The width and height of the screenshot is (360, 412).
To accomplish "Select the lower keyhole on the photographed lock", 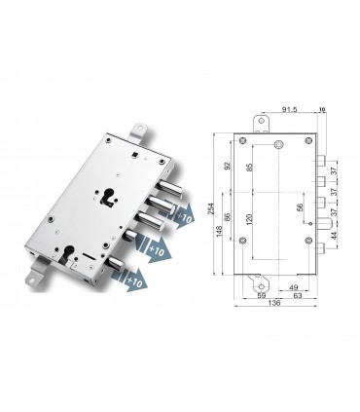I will [71, 260].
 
